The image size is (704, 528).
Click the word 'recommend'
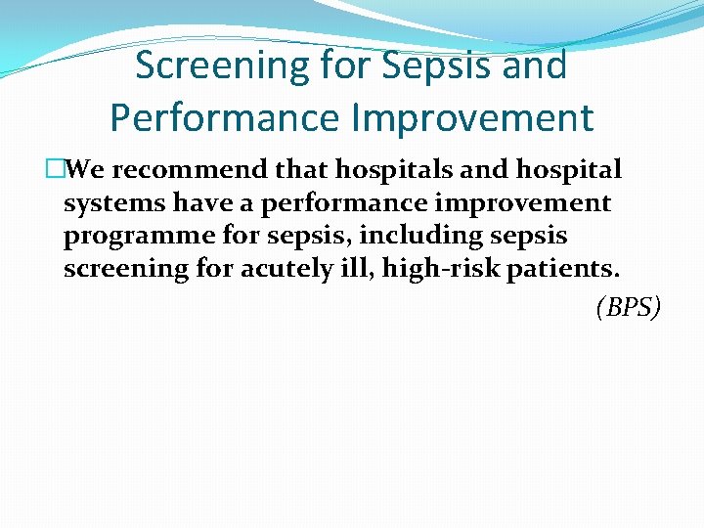tap(185, 170)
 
